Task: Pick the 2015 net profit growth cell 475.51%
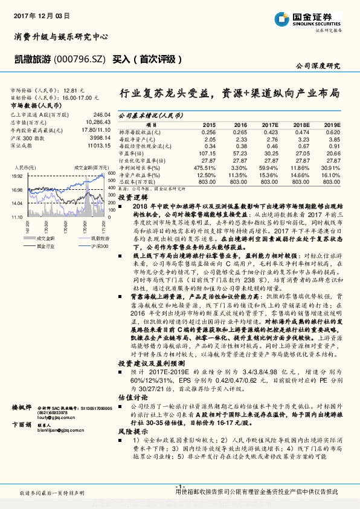point(205,167)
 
